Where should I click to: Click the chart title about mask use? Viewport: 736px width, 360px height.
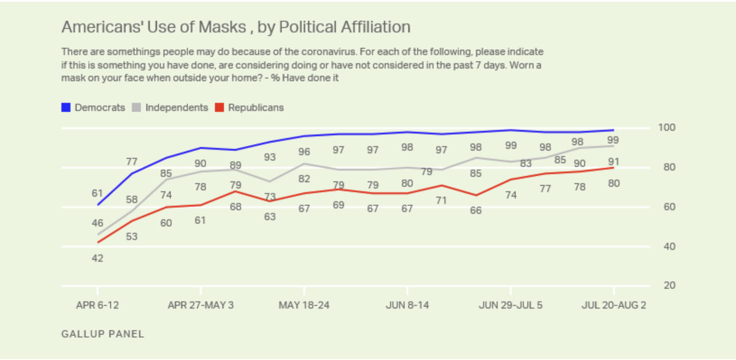[236, 28]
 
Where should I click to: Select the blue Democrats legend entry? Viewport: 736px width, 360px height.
[93, 108]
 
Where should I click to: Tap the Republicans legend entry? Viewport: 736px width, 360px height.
[249, 108]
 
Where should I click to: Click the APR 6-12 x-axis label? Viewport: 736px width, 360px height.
[97, 305]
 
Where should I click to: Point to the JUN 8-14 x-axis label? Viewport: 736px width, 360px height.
[407, 305]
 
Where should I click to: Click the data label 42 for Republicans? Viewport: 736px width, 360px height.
[97, 258]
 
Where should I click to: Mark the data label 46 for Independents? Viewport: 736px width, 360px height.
[97, 223]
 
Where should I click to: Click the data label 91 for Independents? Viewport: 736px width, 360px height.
[613, 162]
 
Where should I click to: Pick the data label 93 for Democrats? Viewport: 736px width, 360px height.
[269, 157]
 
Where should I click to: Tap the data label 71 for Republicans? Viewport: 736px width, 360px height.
[442, 200]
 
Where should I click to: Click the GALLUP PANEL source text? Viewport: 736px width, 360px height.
[103, 334]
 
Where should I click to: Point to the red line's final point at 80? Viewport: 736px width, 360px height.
[613, 167]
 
